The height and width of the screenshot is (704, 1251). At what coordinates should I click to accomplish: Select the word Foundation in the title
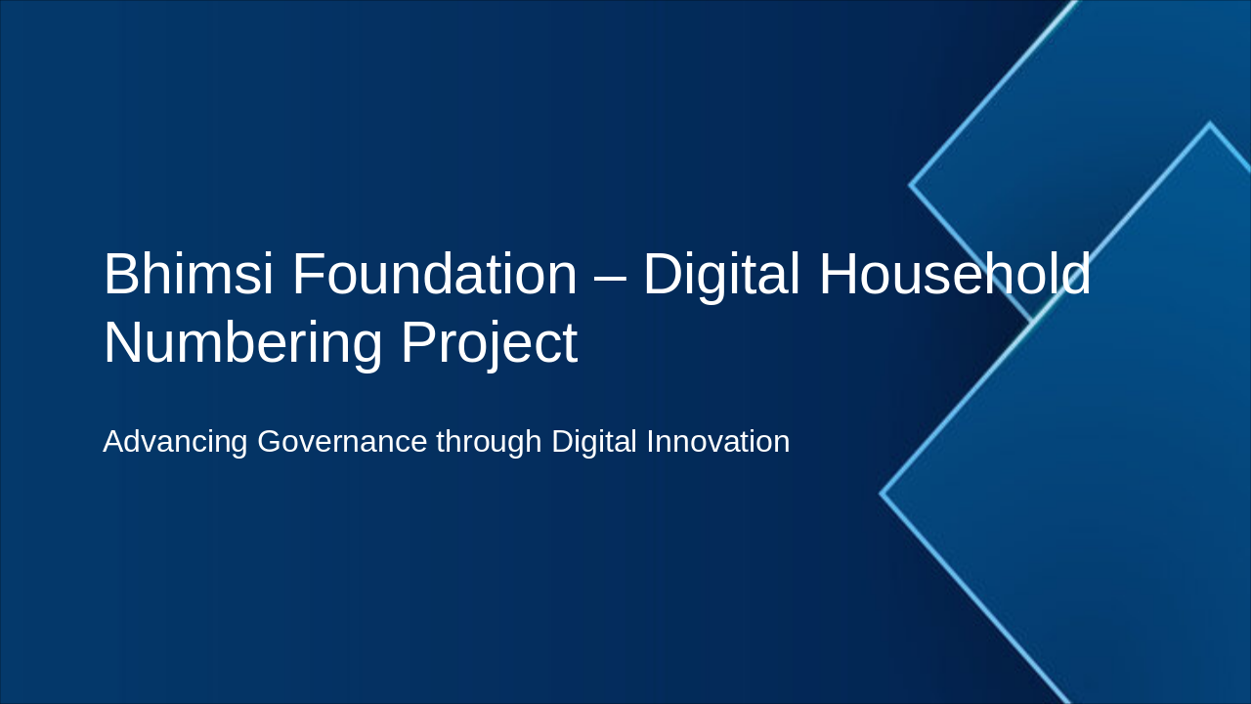coord(435,275)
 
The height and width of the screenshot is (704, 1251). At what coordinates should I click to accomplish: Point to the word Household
coord(954,275)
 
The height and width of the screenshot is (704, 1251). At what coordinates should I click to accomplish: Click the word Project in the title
coord(489,344)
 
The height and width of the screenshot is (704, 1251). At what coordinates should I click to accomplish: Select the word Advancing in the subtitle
coord(175,442)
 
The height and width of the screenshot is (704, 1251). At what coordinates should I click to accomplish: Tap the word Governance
coord(342,442)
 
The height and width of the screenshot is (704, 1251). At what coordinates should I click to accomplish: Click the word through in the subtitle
coord(489,442)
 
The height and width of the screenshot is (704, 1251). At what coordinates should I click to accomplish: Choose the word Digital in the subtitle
coord(594,442)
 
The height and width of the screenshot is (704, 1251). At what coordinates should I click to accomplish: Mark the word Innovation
coord(718,442)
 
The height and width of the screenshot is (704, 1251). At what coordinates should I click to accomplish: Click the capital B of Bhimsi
coord(122,275)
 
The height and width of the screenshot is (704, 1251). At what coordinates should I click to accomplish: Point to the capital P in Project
coord(418,342)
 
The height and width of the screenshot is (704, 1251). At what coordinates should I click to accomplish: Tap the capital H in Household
coord(840,275)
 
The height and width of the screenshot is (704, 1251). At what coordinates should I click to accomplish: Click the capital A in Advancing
coord(113,442)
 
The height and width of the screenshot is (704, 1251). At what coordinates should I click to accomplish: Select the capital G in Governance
coord(270,442)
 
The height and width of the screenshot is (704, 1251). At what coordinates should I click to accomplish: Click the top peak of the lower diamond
coord(1210,124)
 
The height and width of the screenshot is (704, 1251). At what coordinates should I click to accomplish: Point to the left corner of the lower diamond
coord(883,494)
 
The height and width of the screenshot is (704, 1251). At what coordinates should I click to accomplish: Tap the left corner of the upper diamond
coord(912,184)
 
